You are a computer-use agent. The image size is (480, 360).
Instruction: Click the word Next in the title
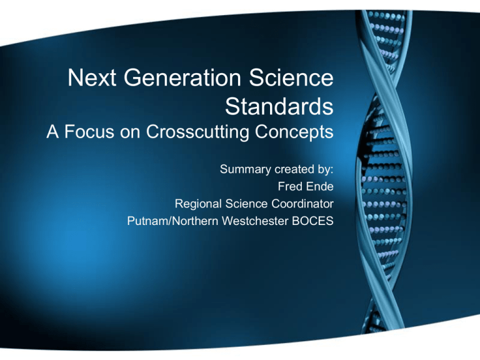click(x=92, y=77)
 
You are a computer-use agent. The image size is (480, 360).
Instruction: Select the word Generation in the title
click(x=182, y=77)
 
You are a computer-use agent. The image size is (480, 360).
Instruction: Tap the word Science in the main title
click(x=291, y=77)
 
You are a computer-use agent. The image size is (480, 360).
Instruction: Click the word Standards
click(x=279, y=106)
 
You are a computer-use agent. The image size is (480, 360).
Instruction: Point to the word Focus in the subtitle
click(x=89, y=132)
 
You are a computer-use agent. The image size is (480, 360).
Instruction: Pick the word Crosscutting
click(x=197, y=132)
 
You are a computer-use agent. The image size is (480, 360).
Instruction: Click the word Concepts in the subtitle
click(x=294, y=132)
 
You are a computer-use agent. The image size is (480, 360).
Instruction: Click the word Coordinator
click(x=302, y=204)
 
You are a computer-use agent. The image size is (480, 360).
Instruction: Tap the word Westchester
click(x=255, y=221)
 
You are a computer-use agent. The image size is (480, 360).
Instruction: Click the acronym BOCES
click(x=313, y=221)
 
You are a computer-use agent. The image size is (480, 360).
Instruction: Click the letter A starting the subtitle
click(x=52, y=132)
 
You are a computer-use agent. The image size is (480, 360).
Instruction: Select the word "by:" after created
click(x=326, y=169)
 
